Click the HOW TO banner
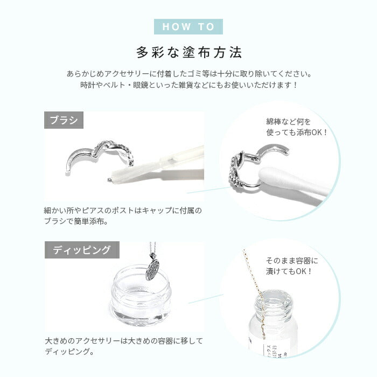click(x=188, y=27)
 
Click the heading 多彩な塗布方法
click(x=189, y=52)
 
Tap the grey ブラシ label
click(x=64, y=120)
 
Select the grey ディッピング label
click(x=82, y=250)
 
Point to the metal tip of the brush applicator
click(x=109, y=179)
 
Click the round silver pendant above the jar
click(x=152, y=270)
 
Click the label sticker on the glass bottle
click(x=274, y=348)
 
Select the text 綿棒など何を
click(x=288, y=122)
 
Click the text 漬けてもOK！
click(x=289, y=271)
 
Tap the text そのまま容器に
click(x=292, y=261)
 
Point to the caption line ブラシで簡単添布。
click(x=76, y=221)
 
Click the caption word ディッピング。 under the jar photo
click(x=69, y=352)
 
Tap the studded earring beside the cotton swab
click(x=237, y=172)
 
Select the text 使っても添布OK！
click(x=296, y=132)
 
